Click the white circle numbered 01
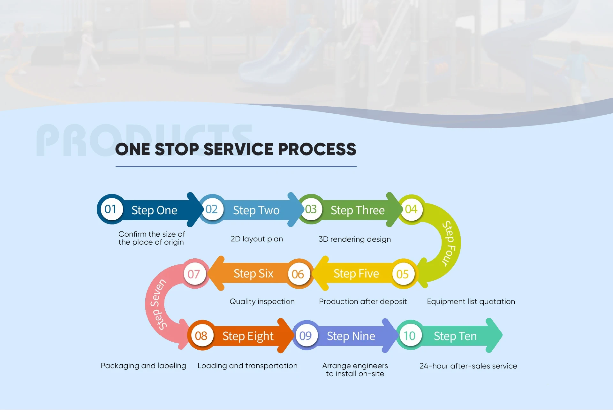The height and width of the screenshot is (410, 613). tap(110, 209)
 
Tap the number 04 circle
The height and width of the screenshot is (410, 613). tap(411, 209)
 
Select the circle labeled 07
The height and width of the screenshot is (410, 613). tap(194, 274)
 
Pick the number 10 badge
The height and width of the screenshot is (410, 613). tap(410, 336)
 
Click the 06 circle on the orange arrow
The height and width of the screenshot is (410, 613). tap(298, 274)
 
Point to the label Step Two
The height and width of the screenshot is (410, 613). tap(256, 210)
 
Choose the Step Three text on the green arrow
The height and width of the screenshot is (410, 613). tap(358, 210)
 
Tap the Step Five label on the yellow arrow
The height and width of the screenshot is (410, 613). tap(356, 274)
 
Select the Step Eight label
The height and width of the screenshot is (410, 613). tap(248, 336)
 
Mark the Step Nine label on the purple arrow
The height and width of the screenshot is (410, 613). tap(351, 336)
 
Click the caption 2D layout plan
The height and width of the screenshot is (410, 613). tap(257, 239)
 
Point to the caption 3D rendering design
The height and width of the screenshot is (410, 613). tap(355, 239)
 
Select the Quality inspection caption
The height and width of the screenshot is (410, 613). tap(262, 301)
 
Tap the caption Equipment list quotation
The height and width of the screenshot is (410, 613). tap(471, 301)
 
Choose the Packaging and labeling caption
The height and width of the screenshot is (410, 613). tap(143, 366)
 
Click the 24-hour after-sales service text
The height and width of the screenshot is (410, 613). tap(468, 366)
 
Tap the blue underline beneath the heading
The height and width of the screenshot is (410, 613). tap(236, 167)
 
